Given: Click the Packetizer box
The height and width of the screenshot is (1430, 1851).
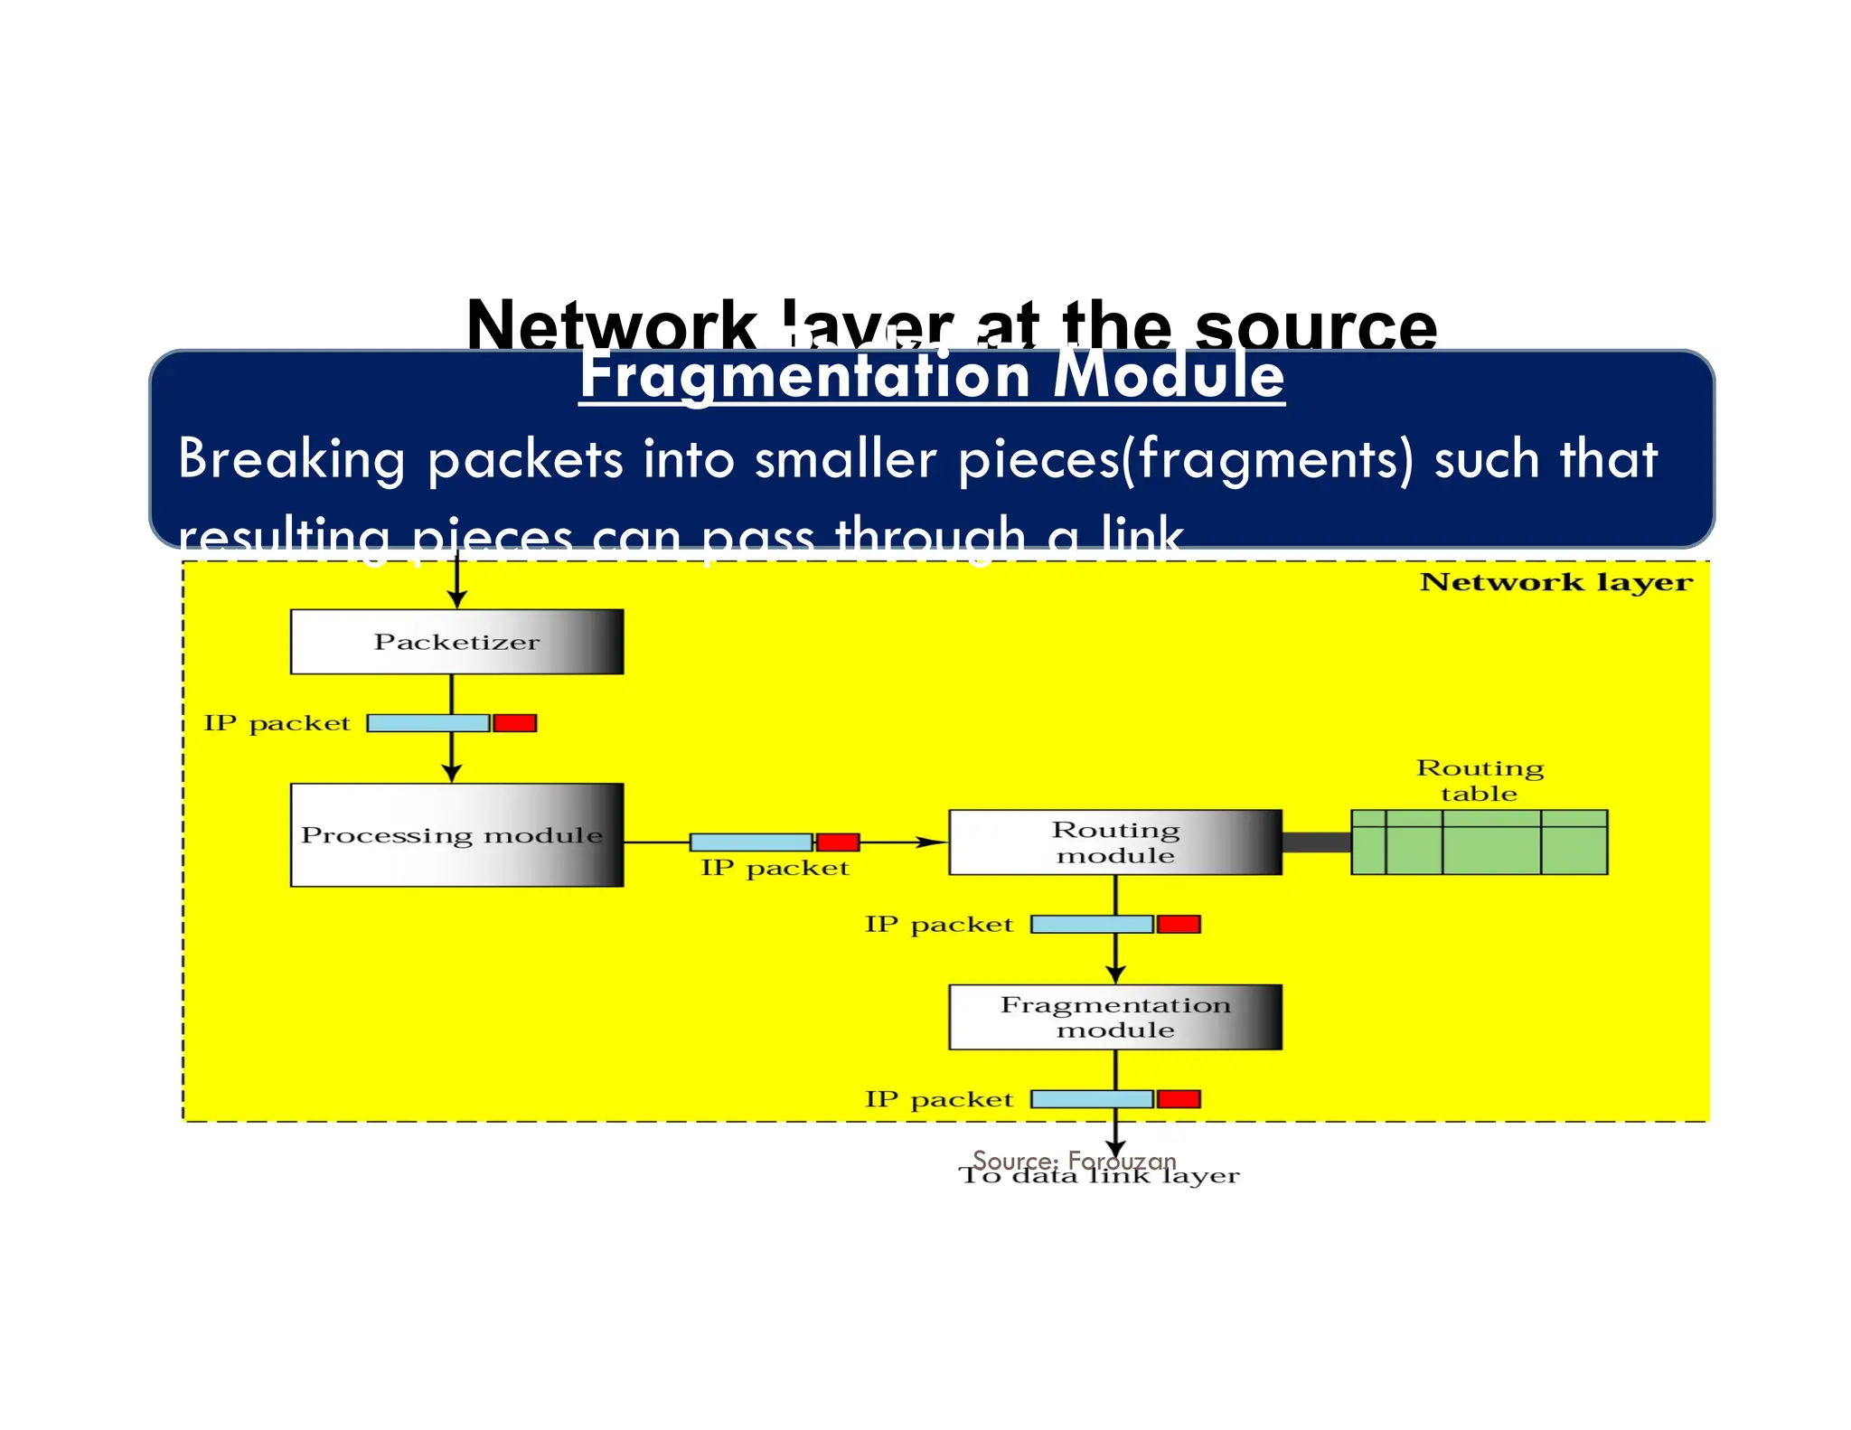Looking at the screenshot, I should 456,642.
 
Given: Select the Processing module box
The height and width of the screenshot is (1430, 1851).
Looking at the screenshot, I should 456,834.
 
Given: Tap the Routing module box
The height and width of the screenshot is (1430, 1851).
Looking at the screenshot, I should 1114,842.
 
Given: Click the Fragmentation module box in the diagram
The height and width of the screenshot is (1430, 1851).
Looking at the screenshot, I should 1114,1017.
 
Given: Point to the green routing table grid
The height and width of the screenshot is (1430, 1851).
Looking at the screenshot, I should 1479,842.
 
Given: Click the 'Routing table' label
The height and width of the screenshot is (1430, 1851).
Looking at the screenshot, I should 1480,780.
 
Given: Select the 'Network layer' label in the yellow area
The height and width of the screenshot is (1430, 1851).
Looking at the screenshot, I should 1555,582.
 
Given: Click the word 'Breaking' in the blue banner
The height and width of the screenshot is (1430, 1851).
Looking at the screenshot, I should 291,459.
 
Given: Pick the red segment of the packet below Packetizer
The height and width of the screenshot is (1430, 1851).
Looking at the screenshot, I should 515,723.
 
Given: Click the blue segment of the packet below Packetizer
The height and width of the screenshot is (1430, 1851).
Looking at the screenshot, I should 428,723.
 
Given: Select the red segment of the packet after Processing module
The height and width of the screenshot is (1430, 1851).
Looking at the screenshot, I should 838,842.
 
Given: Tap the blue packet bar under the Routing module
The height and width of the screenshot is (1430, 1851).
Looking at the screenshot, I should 1092,924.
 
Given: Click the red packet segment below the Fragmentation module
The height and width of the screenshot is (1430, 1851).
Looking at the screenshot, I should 1179,1099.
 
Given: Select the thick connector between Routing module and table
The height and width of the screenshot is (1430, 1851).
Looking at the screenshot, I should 1316,842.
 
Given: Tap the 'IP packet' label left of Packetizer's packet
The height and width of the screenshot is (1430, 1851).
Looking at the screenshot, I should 277,723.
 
